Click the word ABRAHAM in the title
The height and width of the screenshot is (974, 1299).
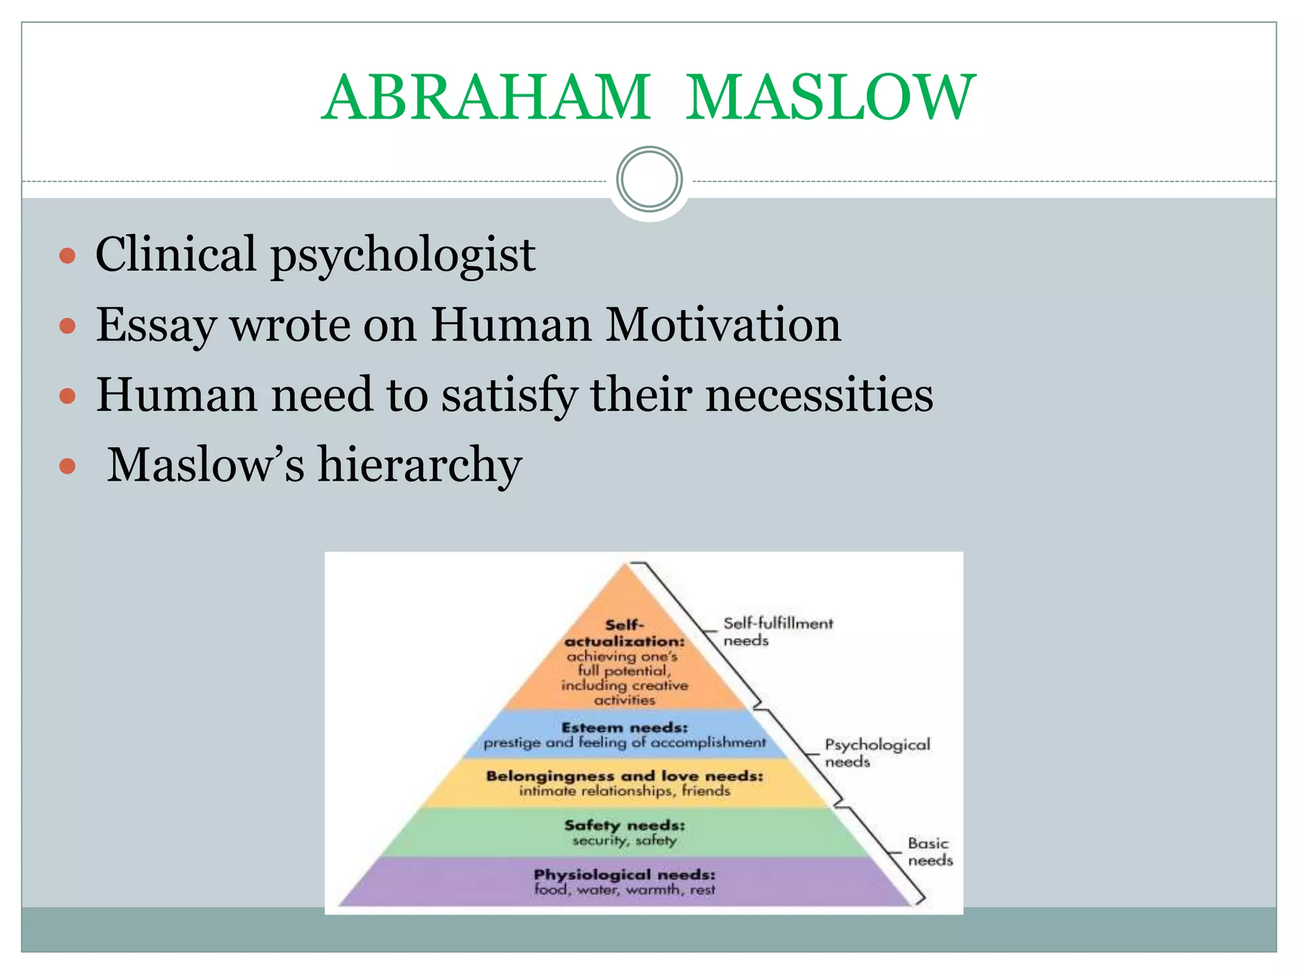pyautogui.click(x=486, y=98)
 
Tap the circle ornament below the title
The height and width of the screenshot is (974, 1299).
pyautogui.click(x=649, y=179)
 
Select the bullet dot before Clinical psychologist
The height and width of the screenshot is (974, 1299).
pyautogui.click(x=67, y=256)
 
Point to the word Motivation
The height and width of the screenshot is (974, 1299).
pyautogui.click(x=723, y=325)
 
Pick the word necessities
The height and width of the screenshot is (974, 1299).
pyautogui.click(x=819, y=394)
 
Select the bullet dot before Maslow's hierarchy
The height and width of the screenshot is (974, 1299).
pyautogui.click(x=67, y=467)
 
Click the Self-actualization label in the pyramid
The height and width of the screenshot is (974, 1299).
pyautogui.click(x=625, y=633)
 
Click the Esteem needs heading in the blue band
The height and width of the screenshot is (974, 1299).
pyautogui.click(x=625, y=727)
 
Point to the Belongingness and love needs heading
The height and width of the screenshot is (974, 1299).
pyautogui.click(x=625, y=776)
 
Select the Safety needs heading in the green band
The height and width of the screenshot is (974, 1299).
pyautogui.click(x=625, y=825)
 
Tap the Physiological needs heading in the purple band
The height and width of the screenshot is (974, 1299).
pyautogui.click(x=625, y=874)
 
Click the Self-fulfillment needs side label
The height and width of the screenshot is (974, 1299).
pyautogui.click(x=778, y=632)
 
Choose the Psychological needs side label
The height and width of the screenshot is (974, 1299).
pyautogui.click(x=877, y=753)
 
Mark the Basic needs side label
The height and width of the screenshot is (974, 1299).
pyautogui.click(x=930, y=852)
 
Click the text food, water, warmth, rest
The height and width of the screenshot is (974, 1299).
pyautogui.click(x=625, y=890)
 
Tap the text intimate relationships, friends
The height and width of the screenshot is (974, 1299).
pyautogui.click(x=625, y=791)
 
